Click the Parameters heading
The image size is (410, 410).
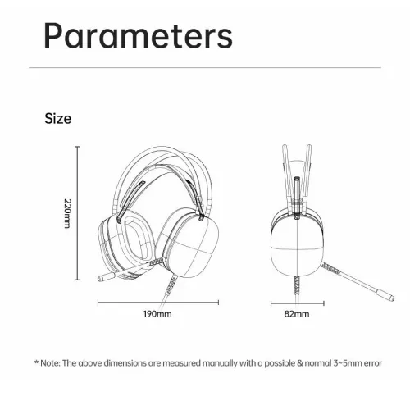pos(139,36)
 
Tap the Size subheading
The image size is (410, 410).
pos(58,118)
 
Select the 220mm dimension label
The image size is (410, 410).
pos(67,213)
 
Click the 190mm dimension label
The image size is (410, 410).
pos(157,314)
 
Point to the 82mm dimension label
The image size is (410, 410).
pos(297,314)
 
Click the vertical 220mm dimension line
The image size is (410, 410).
pos(77,213)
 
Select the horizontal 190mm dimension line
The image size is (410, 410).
pos(158,303)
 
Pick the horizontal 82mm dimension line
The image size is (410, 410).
pos(298,303)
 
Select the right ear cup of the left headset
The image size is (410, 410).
pos(188,243)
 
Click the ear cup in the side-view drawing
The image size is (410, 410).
pos(298,245)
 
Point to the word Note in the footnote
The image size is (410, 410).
pos(50,363)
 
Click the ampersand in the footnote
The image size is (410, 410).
pos(300,363)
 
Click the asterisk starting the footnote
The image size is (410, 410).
pos(36,362)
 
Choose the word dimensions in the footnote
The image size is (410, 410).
pos(125,363)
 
